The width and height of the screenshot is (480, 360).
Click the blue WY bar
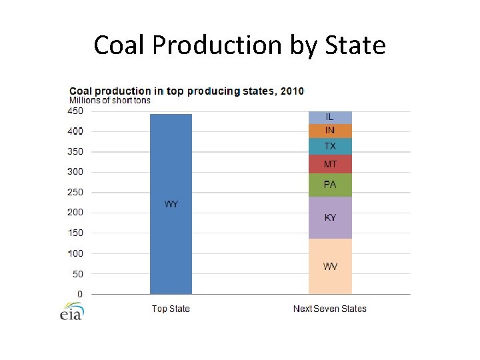click(x=171, y=203)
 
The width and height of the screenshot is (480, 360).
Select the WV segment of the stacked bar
click(x=330, y=266)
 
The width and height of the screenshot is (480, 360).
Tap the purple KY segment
click(x=330, y=217)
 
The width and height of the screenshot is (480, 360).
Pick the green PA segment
click(x=330, y=185)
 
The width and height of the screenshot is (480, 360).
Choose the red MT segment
click(x=330, y=164)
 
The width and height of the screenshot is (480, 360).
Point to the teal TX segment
click(x=330, y=147)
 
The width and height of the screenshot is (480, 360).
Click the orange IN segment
click(x=330, y=131)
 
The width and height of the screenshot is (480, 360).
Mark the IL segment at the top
click(x=330, y=117)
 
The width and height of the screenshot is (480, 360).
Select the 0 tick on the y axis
click(x=80, y=294)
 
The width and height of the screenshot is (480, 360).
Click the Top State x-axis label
click(x=171, y=309)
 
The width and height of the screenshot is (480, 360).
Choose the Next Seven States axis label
click(x=330, y=309)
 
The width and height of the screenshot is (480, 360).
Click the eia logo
click(x=71, y=311)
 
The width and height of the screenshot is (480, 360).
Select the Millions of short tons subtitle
click(x=110, y=101)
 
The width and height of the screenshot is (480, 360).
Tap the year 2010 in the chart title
click(x=291, y=91)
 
